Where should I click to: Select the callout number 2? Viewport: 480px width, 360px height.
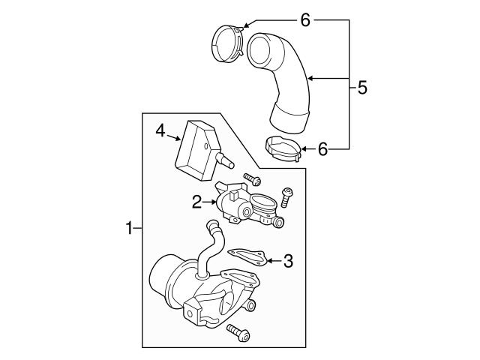click(x=196, y=201)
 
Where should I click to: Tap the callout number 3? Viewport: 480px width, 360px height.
click(x=288, y=261)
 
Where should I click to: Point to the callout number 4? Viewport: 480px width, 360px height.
click(x=160, y=130)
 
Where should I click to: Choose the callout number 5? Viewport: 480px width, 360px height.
click(x=363, y=87)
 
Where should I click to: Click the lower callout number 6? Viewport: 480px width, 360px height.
click(x=322, y=148)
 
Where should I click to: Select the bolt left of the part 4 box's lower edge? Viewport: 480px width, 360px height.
click(x=253, y=180)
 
